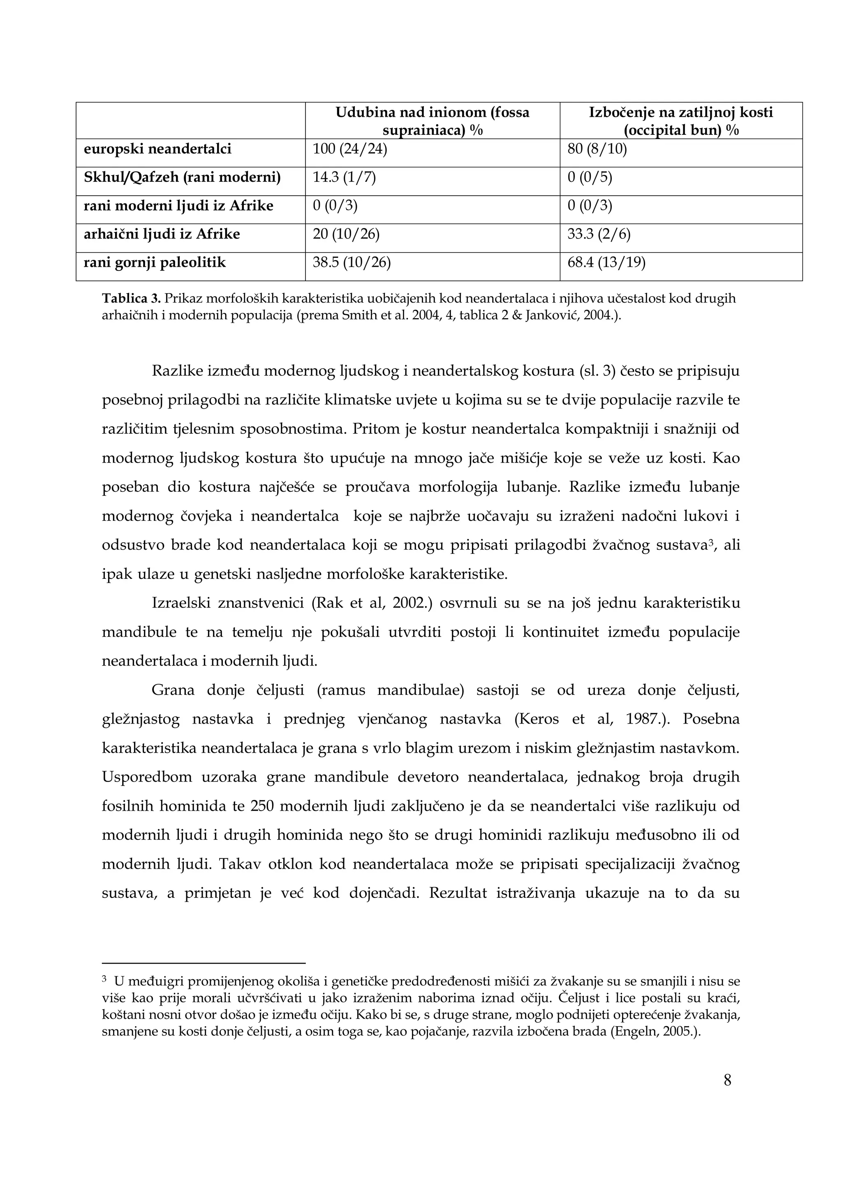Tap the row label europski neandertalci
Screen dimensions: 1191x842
point(158,149)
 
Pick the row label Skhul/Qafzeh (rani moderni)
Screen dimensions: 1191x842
point(182,178)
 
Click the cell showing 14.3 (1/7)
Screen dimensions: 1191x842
point(344,178)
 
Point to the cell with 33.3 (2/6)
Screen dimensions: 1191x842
point(599,234)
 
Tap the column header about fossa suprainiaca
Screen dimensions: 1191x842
point(432,120)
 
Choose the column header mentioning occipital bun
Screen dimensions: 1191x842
point(681,120)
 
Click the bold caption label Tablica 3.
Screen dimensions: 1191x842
point(131,299)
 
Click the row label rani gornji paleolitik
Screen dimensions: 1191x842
point(155,263)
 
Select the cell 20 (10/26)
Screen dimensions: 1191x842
point(346,234)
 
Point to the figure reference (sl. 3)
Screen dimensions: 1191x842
point(596,371)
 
